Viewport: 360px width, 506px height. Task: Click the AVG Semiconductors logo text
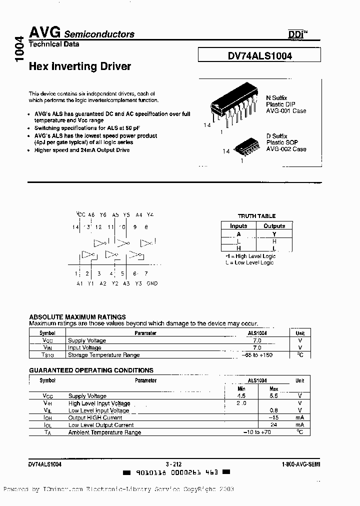pyautogui.click(x=81, y=33)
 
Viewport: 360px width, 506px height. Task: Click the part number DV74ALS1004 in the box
pyautogui.click(x=259, y=56)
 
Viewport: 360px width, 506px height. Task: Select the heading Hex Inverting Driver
pyautogui.click(x=80, y=66)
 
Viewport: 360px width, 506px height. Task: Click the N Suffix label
pyautogui.click(x=276, y=98)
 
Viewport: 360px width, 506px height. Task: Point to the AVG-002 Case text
pyautogui.click(x=286, y=149)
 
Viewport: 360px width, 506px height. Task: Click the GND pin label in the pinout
pyautogui.click(x=152, y=283)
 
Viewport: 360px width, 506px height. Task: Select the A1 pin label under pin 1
pyautogui.click(x=79, y=283)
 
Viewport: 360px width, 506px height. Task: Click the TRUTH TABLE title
pyautogui.click(x=256, y=216)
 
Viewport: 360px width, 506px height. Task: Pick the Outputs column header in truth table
pyautogui.click(x=274, y=226)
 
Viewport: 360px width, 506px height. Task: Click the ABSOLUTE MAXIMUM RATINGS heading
pyautogui.click(x=77, y=317)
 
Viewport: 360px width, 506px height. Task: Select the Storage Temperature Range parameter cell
pyautogui.click(x=103, y=355)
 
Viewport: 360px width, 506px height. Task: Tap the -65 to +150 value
pyautogui.click(x=257, y=355)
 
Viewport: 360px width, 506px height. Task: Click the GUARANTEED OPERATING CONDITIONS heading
pyautogui.click(x=91, y=370)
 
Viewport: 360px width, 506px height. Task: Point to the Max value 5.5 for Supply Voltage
pyautogui.click(x=273, y=395)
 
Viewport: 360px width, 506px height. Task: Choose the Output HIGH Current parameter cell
pyautogui.click(x=95, y=417)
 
